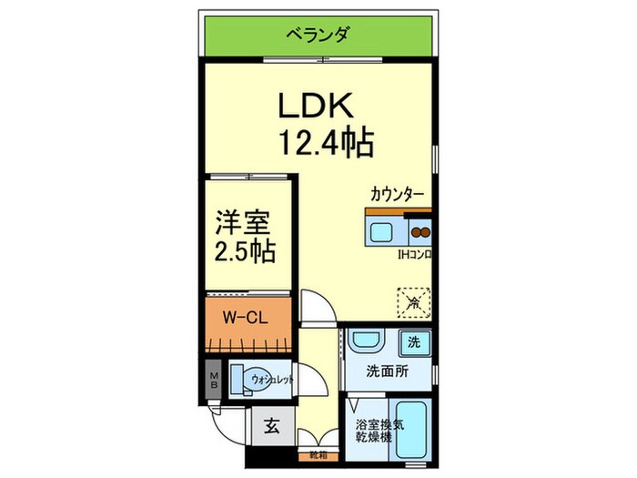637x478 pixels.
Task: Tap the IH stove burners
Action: point(420,230)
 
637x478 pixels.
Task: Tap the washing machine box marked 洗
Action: point(414,344)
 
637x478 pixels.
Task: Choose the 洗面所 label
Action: point(386,371)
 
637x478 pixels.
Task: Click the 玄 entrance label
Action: point(272,425)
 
